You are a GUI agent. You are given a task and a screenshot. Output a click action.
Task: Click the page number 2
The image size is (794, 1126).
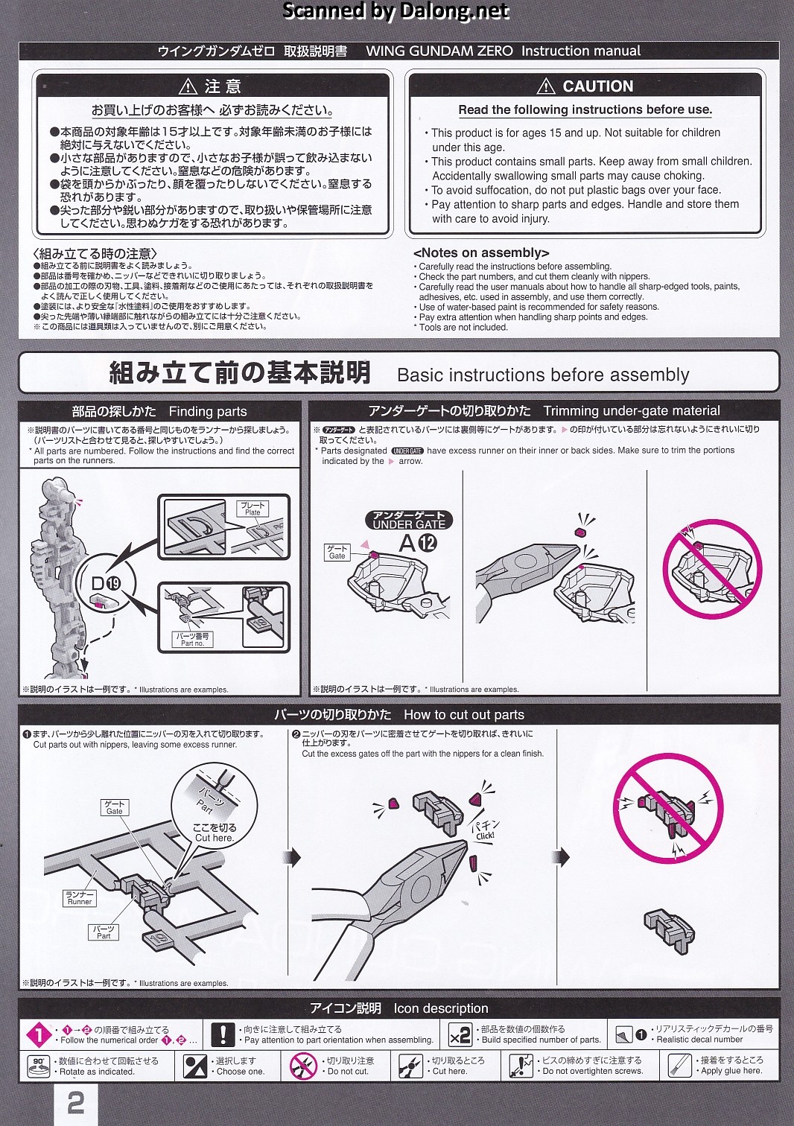(x=76, y=1104)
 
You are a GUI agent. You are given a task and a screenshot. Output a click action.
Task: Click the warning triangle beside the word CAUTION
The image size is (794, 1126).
(x=545, y=86)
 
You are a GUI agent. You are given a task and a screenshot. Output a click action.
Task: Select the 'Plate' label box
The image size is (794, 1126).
(x=253, y=509)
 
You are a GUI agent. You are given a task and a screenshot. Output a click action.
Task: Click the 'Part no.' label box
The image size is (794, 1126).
(x=193, y=640)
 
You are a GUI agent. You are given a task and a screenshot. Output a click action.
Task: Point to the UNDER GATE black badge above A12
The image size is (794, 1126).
(x=409, y=520)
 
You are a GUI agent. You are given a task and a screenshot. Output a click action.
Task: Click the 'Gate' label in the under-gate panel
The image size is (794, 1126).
(x=337, y=552)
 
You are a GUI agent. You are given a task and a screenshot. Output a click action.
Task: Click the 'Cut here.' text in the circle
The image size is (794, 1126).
(x=215, y=838)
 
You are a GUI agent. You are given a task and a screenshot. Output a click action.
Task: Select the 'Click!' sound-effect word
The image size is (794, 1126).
(x=485, y=836)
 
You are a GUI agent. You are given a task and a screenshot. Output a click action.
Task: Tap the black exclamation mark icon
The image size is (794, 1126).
(x=223, y=1034)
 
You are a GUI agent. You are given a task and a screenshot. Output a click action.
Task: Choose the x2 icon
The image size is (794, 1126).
(x=460, y=1035)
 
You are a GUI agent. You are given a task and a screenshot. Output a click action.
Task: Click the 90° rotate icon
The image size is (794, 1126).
(x=39, y=1066)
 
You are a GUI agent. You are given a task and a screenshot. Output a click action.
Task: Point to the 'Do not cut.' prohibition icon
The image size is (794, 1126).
(x=303, y=1066)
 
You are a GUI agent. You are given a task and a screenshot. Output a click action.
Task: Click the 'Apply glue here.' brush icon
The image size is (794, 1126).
(x=679, y=1066)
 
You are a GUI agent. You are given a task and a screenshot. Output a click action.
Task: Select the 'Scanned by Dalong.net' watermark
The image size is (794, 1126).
(x=396, y=10)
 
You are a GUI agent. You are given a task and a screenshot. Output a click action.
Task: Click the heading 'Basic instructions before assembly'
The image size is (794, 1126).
(x=543, y=375)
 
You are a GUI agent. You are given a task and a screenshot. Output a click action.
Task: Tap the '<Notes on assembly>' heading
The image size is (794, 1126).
(x=481, y=252)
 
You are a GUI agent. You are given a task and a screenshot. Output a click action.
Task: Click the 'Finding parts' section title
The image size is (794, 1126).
(x=208, y=412)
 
